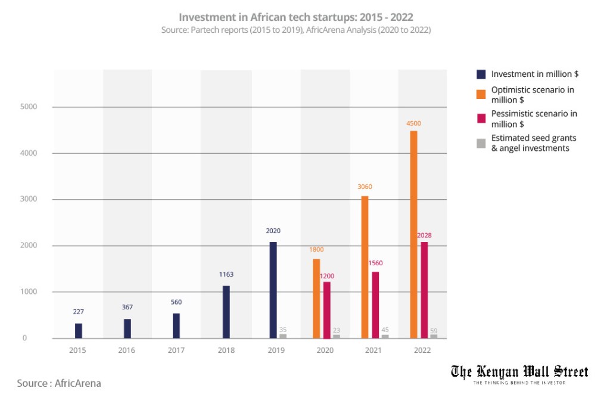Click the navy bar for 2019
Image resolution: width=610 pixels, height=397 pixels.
pyautogui.click(x=273, y=290)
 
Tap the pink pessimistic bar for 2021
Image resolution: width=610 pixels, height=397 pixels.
pyautogui.click(x=375, y=305)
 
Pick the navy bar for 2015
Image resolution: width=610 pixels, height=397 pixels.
pyautogui.click(x=79, y=331)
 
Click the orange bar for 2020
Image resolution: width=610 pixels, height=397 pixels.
pyautogui.click(x=316, y=298)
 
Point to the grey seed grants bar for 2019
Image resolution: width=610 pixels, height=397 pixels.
pyautogui.click(x=283, y=336)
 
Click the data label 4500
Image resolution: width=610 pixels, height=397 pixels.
pyautogui.click(x=414, y=123)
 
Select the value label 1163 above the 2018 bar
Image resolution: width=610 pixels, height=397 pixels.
pyautogui.click(x=226, y=275)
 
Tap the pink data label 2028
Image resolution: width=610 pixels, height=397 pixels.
pyautogui.click(x=424, y=235)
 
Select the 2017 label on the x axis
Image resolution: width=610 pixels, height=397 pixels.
pyautogui.click(x=176, y=351)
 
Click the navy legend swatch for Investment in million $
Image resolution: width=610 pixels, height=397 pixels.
pyautogui.click(x=481, y=75)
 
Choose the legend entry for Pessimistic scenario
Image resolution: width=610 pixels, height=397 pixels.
pyautogui.click(x=533, y=119)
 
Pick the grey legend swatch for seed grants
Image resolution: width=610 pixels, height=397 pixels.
pyautogui.click(x=481, y=143)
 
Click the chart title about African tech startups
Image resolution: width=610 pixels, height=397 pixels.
pyautogui.click(x=295, y=17)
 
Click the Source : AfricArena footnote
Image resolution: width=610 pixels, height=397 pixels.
pyautogui.click(x=59, y=383)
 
